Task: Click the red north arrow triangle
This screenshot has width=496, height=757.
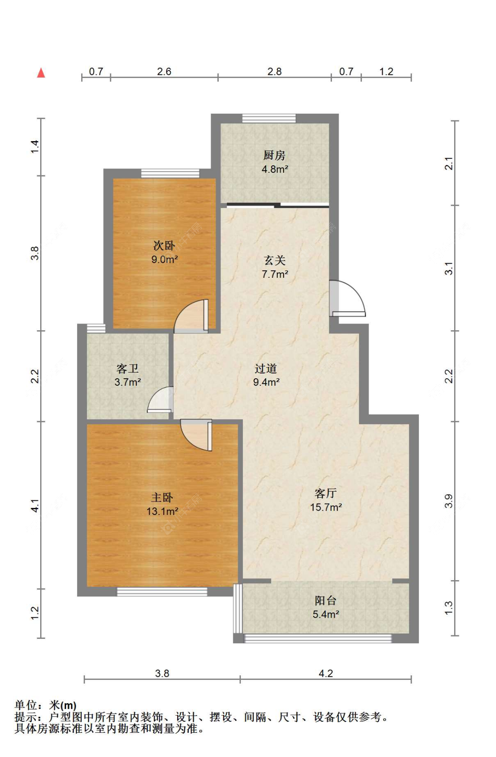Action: click(41, 73)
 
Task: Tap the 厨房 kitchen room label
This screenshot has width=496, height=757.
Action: click(274, 155)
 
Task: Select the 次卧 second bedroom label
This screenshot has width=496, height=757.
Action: click(164, 245)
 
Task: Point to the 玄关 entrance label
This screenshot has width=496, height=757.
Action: click(275, 260)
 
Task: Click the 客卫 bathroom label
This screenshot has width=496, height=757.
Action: click(127, 368)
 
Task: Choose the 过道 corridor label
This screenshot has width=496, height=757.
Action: click(266, 368)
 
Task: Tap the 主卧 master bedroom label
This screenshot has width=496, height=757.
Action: click(162, 497)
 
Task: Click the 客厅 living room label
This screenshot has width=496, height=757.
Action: click(326, 493)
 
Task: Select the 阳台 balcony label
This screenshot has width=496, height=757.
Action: click(325, 600)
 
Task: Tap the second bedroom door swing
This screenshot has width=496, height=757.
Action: click(190, 316)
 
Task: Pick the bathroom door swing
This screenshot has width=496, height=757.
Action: click(160, 399)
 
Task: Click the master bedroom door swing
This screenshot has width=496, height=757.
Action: click(196, 435)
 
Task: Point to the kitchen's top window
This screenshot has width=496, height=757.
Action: click(269, 118)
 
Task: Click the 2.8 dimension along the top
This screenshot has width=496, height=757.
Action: click(274, 71)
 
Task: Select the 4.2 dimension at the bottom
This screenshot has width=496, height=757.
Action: click(326, 673)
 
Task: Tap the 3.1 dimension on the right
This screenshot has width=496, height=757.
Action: click(448, 268)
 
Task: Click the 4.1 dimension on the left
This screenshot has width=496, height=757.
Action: click(35, 505)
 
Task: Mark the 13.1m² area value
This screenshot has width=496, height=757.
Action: click(162, 511)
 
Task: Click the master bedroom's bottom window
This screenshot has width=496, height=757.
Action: click(162, 592)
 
